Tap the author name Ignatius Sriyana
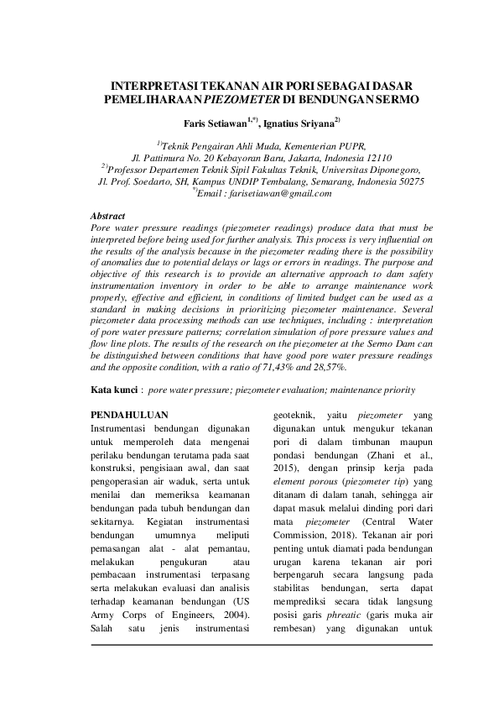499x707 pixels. coord(301,123)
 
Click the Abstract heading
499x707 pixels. coord(107,217)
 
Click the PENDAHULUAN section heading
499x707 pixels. coord(130,415)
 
